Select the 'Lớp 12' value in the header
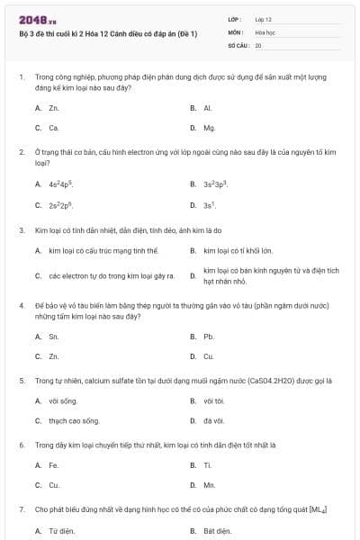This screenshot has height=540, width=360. coord(264,19)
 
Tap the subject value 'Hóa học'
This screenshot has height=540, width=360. coord(265,31)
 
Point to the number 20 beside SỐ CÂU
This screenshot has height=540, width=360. coord(258,44)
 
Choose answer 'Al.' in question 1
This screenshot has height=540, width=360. coord(208,108)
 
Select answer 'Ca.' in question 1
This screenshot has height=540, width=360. coord(54,128)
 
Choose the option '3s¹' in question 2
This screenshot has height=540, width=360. coord(210,205)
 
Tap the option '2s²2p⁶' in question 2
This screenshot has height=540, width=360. coord(61,205)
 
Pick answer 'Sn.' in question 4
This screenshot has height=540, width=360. coord(54,337)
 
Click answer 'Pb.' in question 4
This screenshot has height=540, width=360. coord(209,337)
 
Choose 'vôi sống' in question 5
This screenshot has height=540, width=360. coord(63,400)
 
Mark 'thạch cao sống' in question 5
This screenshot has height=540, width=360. coord(75,420)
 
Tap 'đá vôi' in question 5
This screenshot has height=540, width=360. coord(213,420)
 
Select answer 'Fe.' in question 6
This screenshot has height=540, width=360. coord(54,465)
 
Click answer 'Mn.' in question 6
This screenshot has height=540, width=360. coord(210,485)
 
